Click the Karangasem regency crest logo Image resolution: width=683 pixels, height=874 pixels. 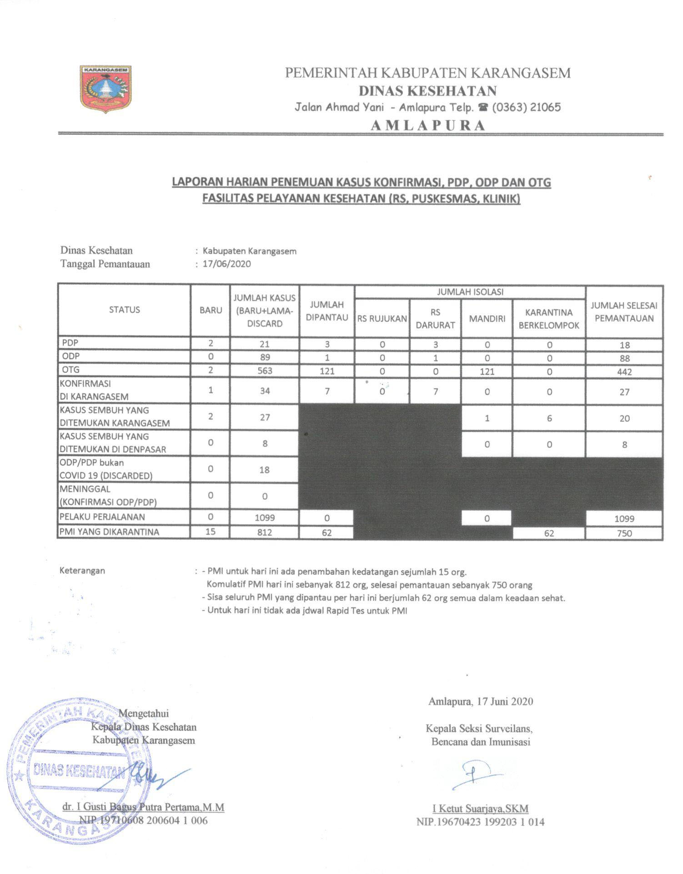point(106,89)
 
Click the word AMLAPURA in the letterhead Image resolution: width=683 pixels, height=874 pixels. point(428,126)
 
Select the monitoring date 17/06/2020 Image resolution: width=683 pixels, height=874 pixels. point(226,264)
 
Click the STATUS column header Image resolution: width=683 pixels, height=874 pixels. point(124,310)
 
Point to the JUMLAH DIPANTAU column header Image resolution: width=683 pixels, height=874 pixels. point(326,311)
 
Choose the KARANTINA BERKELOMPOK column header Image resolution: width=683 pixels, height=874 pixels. point(549,319)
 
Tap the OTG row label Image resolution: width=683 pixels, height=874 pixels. point(71,370)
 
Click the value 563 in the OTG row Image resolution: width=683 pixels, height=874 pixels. point(265,371)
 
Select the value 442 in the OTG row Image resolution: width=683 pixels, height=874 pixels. point(624,372)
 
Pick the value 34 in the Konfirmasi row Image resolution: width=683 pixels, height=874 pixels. point(265,391)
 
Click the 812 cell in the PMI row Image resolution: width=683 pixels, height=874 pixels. point(265,532)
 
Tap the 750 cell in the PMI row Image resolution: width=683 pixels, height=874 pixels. point(624,533)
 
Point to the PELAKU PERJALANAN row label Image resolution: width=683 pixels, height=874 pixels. point(102,517)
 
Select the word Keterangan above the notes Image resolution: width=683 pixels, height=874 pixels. point(82,571)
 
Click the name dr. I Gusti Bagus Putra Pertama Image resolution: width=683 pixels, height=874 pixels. point(143,807)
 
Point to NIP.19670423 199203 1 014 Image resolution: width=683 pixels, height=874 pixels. point(480,822)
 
